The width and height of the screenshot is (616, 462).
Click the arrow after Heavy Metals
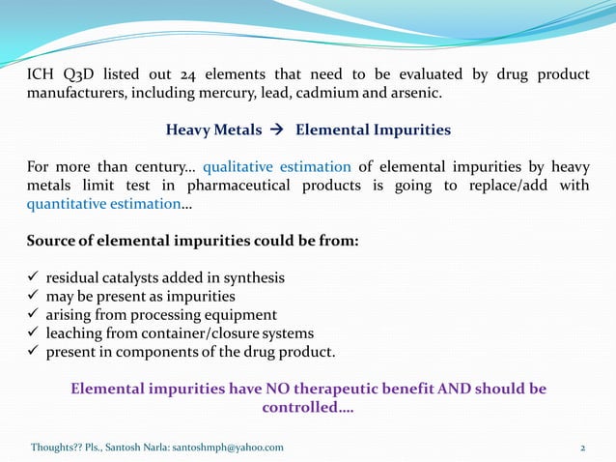(276, 130)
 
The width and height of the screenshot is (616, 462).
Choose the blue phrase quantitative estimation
(102, 204)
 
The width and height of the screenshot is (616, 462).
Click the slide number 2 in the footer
(583, 448)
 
